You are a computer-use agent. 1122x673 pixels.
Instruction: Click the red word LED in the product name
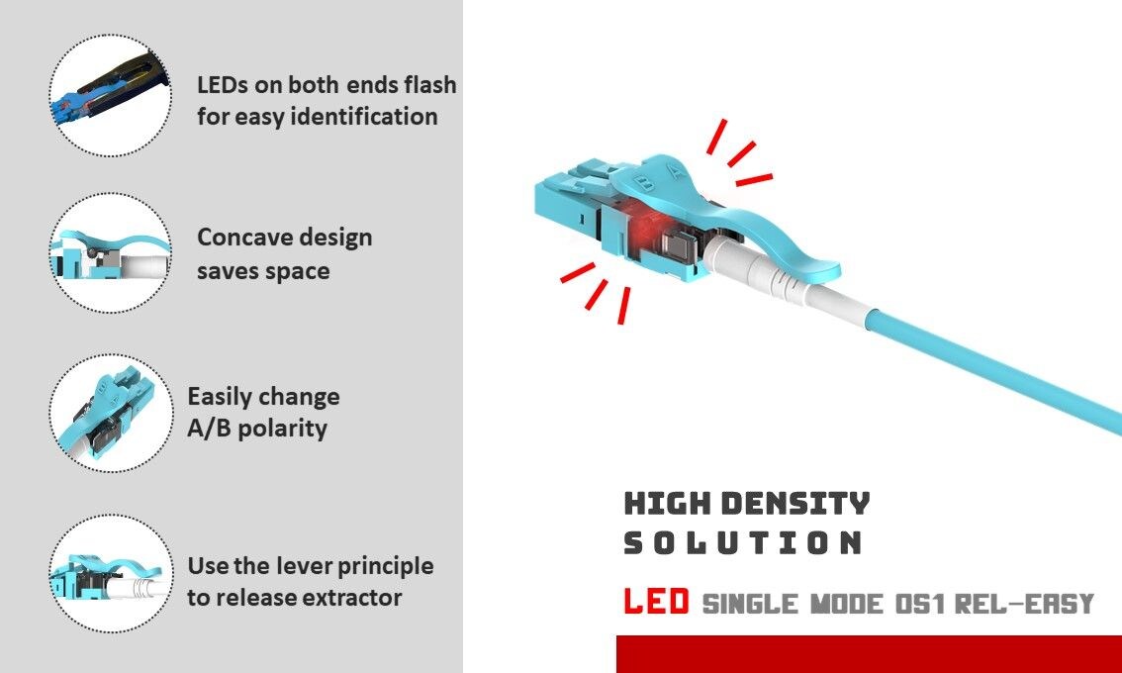[x=656, y=601]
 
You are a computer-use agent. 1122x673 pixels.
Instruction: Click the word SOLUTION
[x=743, y=542]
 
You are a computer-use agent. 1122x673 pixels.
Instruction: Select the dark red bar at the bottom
[x=869, y=654]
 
